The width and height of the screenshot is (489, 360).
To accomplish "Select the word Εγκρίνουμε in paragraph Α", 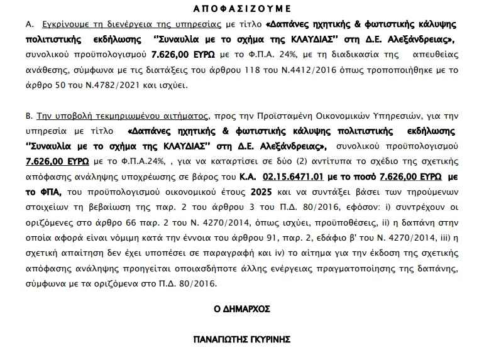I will tap(67, 25).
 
